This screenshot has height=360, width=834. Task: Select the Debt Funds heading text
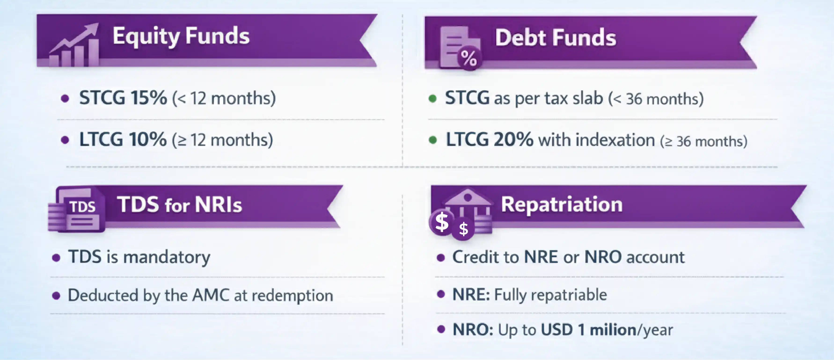point(556,38)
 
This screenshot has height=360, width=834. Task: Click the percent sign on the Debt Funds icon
point(469,58)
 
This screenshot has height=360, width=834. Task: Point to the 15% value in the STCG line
point(149,98)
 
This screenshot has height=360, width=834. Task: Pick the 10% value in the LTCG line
point(148,140)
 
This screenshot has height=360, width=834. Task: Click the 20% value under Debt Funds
point(513,140)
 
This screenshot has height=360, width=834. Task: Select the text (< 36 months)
point(656,99)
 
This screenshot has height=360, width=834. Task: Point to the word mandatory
point(167,257)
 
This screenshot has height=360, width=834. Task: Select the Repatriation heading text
point(562,205)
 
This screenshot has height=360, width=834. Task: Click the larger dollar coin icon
point(442,222)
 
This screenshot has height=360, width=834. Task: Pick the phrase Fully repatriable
point(550,295)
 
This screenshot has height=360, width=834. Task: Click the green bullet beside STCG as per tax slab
point(432,98)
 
